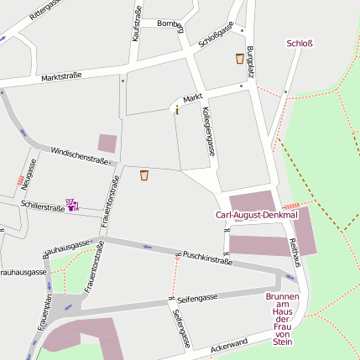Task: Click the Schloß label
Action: (x=300, y=44)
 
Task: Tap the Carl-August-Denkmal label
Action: (x=257, y=216)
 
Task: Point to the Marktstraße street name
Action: (x=60, y=76)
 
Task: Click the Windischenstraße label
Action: (x=80, y=155)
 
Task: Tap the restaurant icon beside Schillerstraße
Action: (x=72, y=205)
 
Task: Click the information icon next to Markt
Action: (x=176, y=109)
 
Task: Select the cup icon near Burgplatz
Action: (x=240, y=59)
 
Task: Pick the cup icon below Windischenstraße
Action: (x=144, y=175)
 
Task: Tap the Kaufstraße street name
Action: (x=137, y=23)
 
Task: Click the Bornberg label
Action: (x=170, y=23)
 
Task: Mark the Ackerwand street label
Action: (x=230, y=345)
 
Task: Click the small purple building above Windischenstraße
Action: (x=107, y=143)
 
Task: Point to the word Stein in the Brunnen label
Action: (x=282, y=342)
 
